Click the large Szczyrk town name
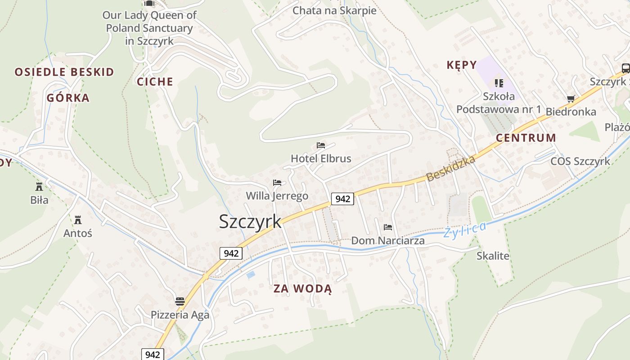pyautogui.click(x=250, y=221)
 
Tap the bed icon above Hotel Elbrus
pyautogui.click(x=321, y=145)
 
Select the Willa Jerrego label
pyautogui.click(x=277, y=196)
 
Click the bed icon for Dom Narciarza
pyautogui.click(x=388, y=227)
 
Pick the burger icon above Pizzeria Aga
pyautogui.click(x=180, y=301)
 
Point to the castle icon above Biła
pyautogui.click(x=39, y=186)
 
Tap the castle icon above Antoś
pyautogui.click(x=78, y=220)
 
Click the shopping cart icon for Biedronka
pyautogui.click(x=571, y=99)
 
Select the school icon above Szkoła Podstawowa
pyautogui.click(x=499, y=83)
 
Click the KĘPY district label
pyautogui.click(x=461, y=65)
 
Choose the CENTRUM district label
pyautogui.click(x=526, y=138)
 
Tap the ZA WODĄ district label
pyautogui.click(x=302, y=289)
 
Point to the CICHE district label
pyautogui.click(x=155, y=81)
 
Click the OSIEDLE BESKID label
pyautogui.click(x=64, y=72)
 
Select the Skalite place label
pyautogui.click(x=493, y=256)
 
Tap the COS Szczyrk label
pyautogui.click(x=580, y=161)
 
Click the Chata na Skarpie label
pyautogui.click(x=334, y=10)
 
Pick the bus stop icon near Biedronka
pyautogui.click(x=625, y=68)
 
